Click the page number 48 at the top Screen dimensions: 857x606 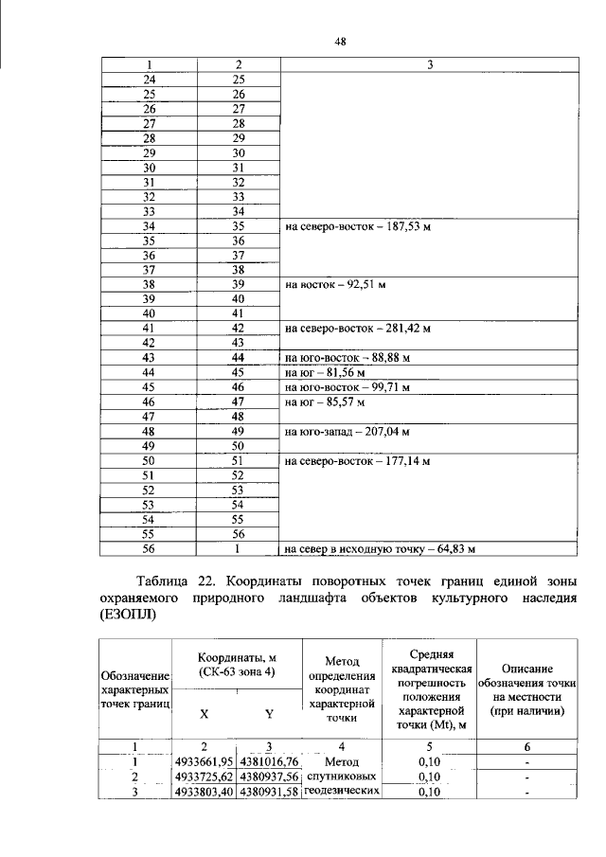(x=341, y=41)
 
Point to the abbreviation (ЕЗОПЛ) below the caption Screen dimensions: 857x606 (x=130, y=615)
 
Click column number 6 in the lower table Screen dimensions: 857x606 (x=527, y=746)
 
